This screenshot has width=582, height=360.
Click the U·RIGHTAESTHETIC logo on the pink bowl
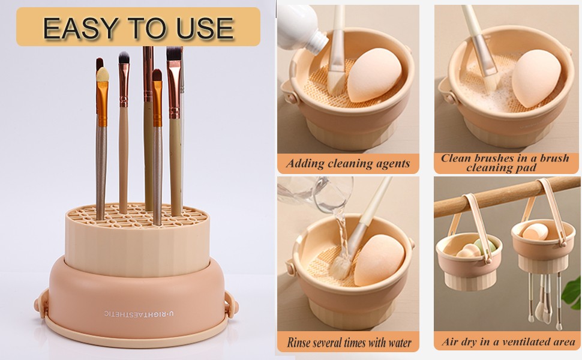pos(139,314)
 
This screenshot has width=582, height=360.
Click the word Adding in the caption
pos(305,164)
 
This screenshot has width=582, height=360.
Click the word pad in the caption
pos(528,168)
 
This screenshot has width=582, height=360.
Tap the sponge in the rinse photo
pos(379,259)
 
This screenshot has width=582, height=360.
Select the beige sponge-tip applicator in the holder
pos(103,74)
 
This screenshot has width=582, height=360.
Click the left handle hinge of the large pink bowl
pos(41,301)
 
